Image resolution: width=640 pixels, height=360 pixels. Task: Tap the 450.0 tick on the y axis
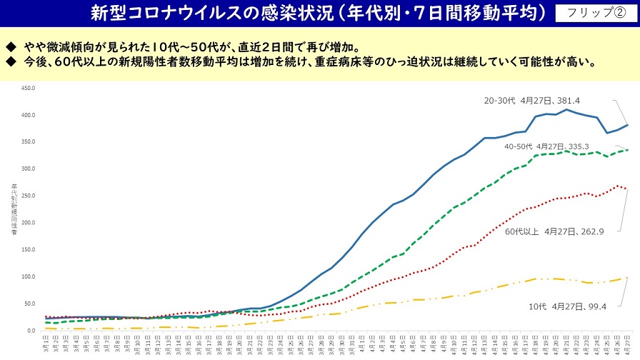pos(29,89)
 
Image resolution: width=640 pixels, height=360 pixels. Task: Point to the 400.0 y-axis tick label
pos(29,116)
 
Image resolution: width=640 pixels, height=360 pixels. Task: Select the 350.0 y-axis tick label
pos(29,142)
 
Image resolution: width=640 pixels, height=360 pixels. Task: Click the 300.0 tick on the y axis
pos(29,169)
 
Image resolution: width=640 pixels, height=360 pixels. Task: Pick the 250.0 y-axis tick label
pos(29,196)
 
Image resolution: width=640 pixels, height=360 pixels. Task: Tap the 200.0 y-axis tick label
pos(29,223)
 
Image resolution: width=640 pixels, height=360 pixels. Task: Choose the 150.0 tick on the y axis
pos(29,250)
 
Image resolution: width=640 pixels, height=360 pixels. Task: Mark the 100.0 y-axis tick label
pos(29,277)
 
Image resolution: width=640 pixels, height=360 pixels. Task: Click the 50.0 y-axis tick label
pos(30,304)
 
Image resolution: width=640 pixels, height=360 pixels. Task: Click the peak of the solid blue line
pos(566,109)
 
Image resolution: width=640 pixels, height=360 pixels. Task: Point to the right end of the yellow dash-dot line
pos(626,278)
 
